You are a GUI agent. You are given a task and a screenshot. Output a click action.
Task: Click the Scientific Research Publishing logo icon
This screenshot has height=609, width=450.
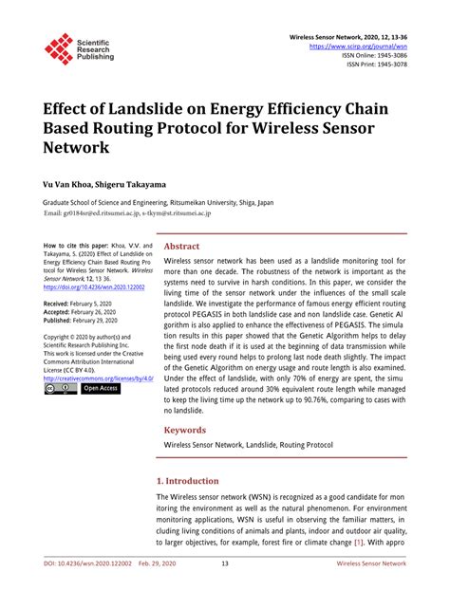pos(59,48)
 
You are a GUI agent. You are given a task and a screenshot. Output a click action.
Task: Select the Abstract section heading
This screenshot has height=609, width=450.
pos(182,246)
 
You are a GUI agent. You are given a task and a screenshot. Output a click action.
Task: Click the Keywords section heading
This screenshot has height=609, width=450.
pos(186,429)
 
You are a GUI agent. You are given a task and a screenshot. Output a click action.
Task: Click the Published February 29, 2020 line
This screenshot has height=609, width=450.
pos(87,320)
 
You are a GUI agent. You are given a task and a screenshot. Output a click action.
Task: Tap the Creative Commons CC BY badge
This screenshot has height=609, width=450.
pos(60,388)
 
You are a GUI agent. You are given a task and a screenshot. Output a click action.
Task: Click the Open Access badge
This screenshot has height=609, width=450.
pos(100,388)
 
